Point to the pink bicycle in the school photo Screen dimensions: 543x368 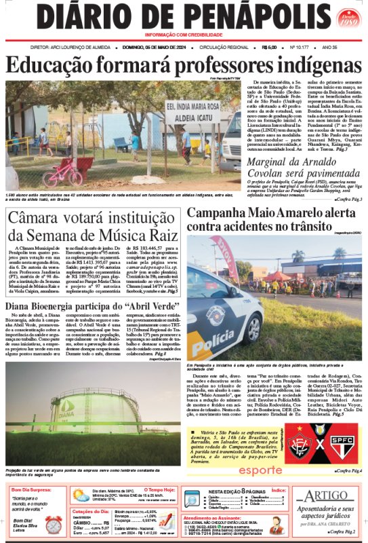coord(62,170)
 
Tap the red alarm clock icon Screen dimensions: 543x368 coord(53,524)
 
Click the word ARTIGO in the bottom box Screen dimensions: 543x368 coord(330,497)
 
